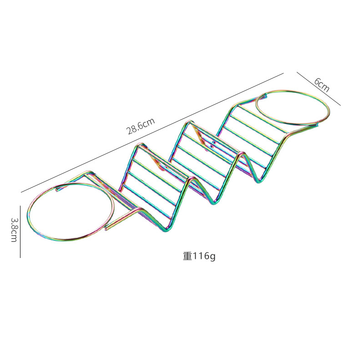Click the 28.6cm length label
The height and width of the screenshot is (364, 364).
point(141,126)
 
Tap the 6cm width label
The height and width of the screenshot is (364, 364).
point(321,85)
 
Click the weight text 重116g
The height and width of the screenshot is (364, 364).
point(199,256)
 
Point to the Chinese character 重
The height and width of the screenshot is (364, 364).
point(187,256)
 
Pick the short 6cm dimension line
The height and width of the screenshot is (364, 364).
point(318,89)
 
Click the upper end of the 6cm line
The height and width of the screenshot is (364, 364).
point(297,72)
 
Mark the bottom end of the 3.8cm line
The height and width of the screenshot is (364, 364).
point(20,257)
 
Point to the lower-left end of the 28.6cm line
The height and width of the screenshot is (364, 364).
point(21,192)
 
